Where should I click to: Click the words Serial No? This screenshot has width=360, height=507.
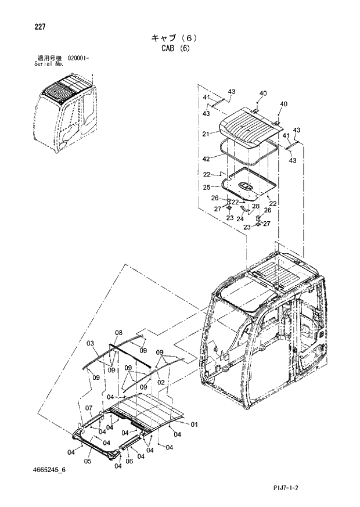pyautogui.click(x=49, y=64)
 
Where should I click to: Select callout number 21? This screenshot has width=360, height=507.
pyautogui.click(x=206, y=134)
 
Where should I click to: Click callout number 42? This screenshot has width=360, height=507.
pyautogui.click(x=206, y=159)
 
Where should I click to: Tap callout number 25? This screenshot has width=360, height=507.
pyautogui.click(x=206, y=187)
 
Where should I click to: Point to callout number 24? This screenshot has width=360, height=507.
pyautogui.click(x=239, y=219)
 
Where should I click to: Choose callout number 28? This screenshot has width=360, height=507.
pyautogui.click(x=255, y=206)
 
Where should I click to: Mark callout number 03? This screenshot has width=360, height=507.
pyautogui.click(x=91, y=344)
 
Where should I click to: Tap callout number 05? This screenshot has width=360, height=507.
pyautogui.click(x=88, y=462)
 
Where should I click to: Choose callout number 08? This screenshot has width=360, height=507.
pyautogui.click(x=118, y=333)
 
